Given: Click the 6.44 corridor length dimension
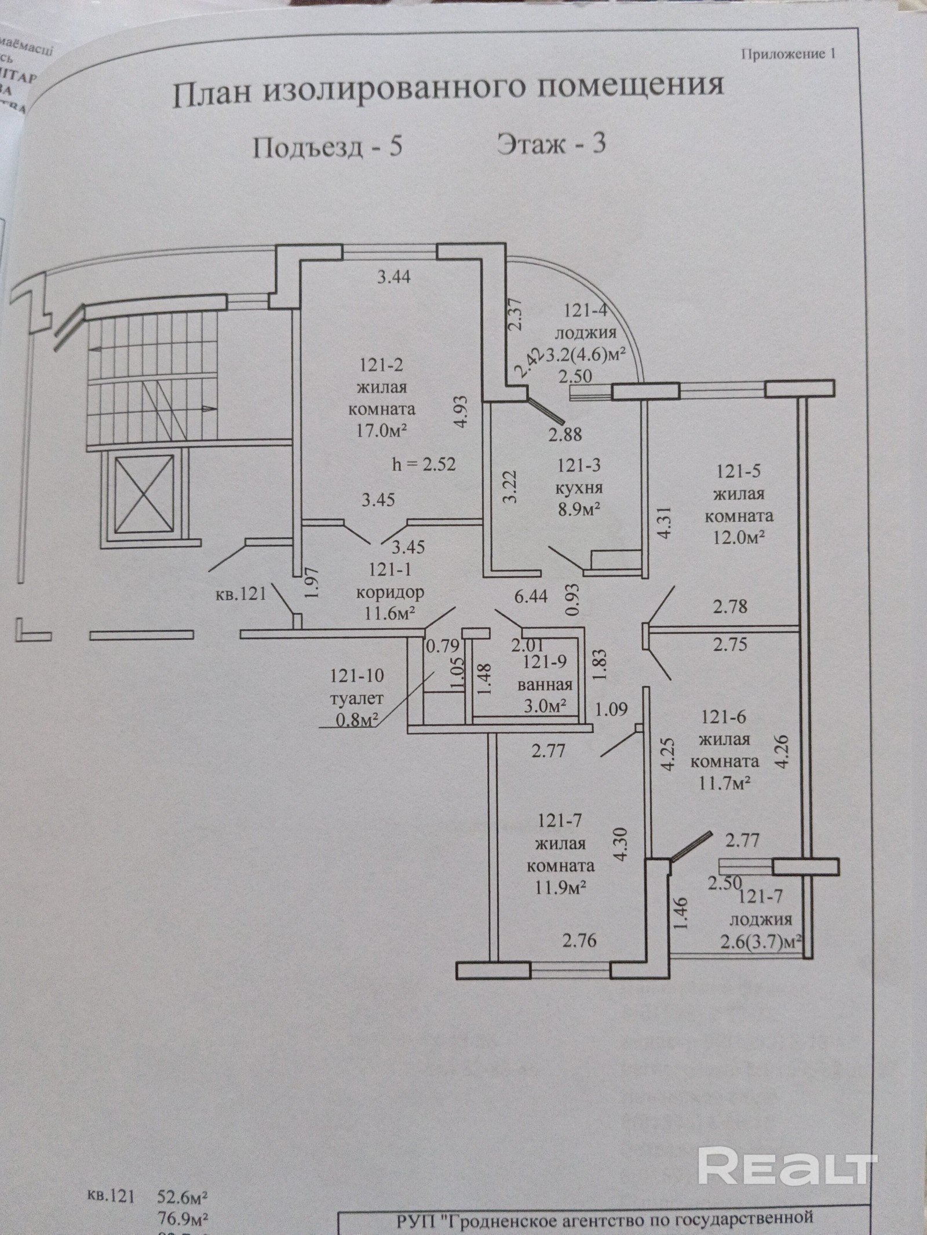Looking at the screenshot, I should click(x=531, y=596).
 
